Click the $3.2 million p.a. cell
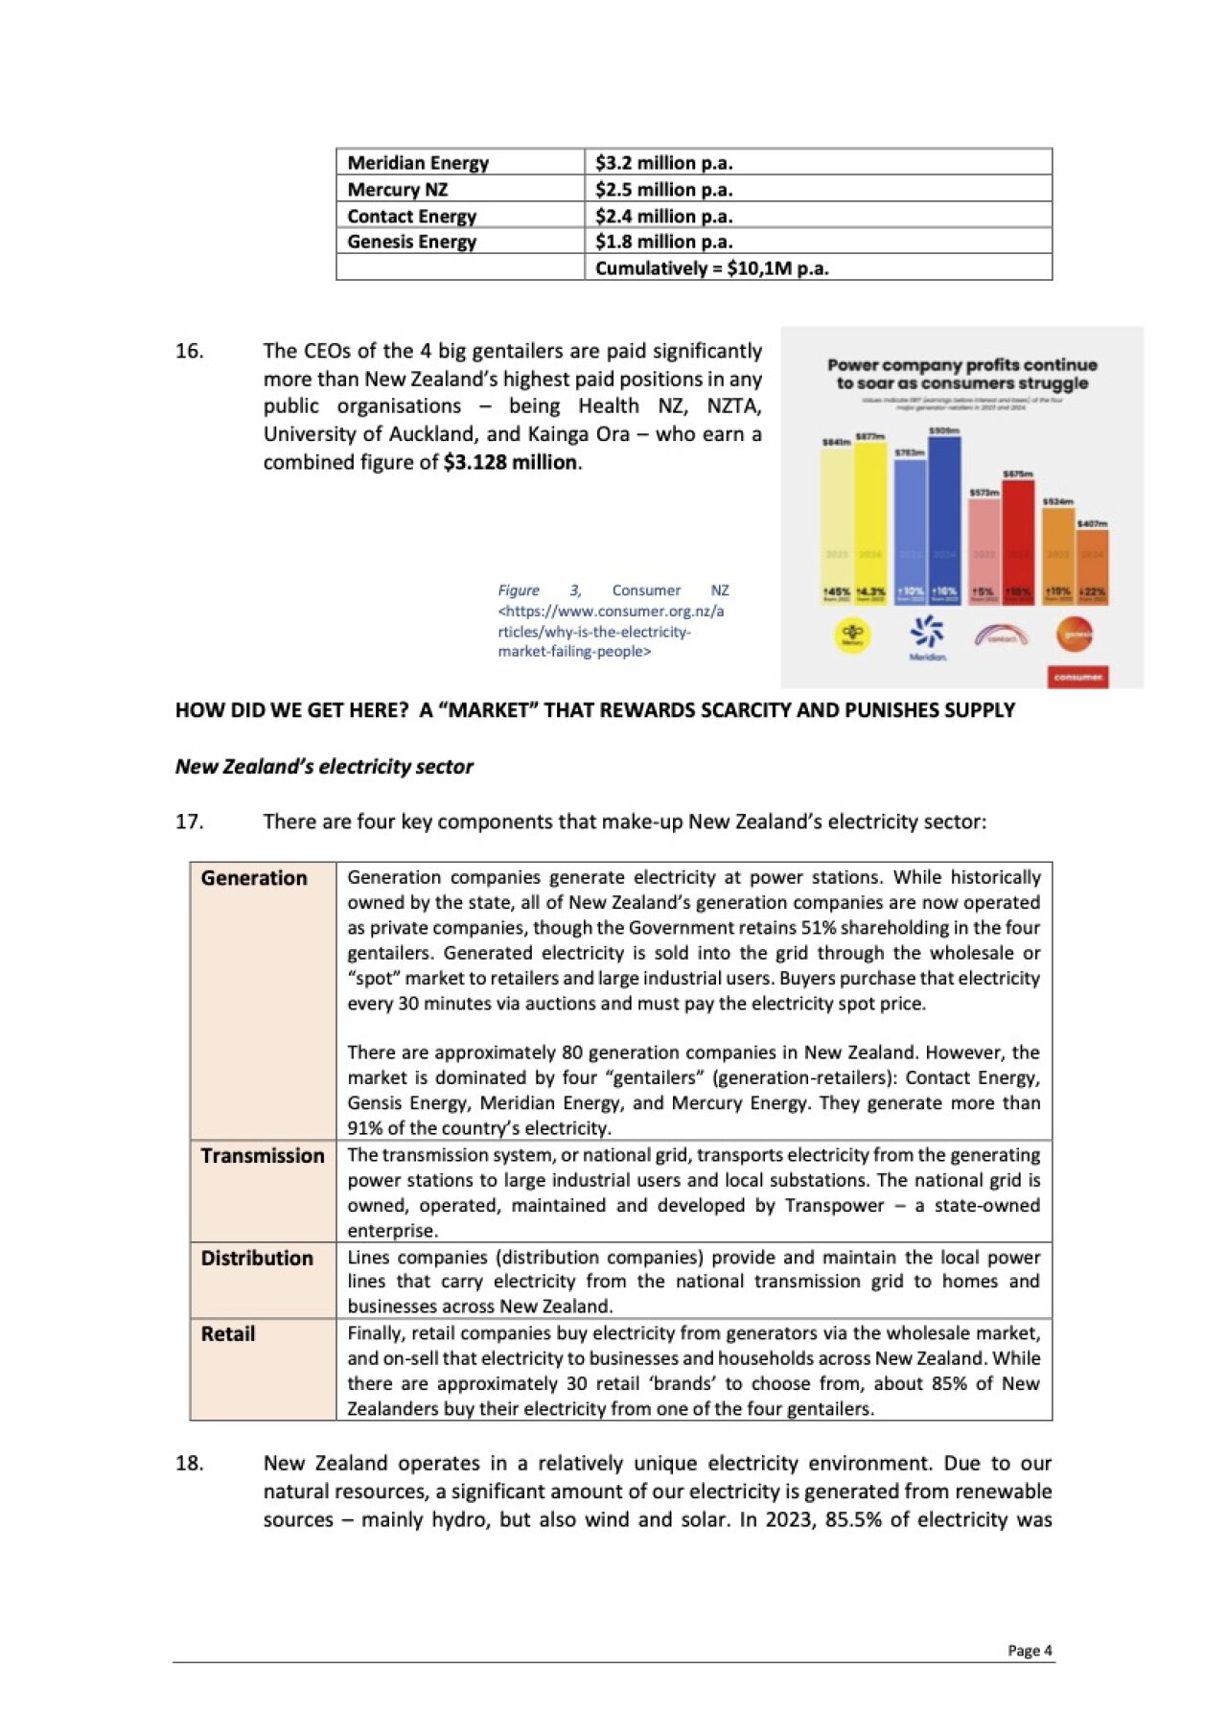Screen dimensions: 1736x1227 (663, 163)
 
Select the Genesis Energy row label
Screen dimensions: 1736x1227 (411, 242)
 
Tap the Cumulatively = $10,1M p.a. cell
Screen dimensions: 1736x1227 (711, 268)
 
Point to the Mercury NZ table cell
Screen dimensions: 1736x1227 (397, 190)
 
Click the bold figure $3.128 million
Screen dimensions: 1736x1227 (510, 462)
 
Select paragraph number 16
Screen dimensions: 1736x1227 (189, 351)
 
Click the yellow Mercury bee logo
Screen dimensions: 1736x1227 (852, 634)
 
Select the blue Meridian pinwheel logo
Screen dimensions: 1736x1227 (927, 632)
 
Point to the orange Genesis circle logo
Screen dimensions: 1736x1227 (1074, 634)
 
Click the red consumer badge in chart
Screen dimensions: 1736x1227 (1077, 677)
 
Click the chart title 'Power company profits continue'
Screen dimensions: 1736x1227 (961, 365)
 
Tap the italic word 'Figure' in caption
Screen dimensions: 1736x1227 (519, 590)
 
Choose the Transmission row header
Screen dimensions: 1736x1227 (262, 1156)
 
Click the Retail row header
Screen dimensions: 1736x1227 (228, 1333)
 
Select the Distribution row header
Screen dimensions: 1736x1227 (257, 1258)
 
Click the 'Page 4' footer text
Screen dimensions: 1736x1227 (1030, 1651)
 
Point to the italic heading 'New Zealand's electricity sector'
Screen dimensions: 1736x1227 (324, 767)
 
